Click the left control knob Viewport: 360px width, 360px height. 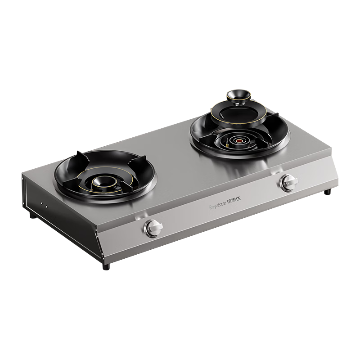point(153,228)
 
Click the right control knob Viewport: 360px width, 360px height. point(288,182)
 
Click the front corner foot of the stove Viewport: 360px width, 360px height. point(106,266)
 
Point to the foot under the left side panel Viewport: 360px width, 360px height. point(32,215)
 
